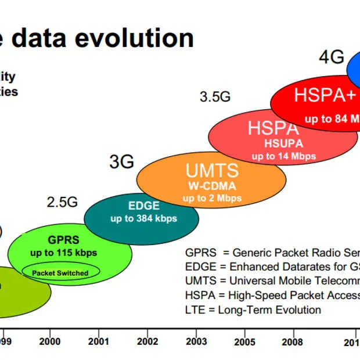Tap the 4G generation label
(x=332, y=58)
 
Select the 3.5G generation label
(x=215, y=97)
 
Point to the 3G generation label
(x=122, y=162)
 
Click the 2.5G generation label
(x=62, y=202)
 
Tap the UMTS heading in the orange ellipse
(x=212, y=171)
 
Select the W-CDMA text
(x=212, y=186)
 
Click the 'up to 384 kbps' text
(x=143, y=218)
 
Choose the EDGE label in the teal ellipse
(x=143, y=205)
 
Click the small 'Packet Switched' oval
(x=60, y=272)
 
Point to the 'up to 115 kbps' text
(x=64, y=253)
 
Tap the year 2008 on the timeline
(x=291, y=342)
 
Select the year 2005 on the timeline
(x=246, y=342)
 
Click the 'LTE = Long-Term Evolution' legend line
(x=253, y=309)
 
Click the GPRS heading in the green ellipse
(x=64, y=239)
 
